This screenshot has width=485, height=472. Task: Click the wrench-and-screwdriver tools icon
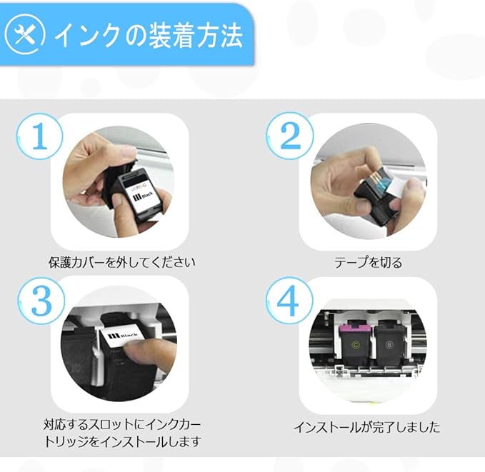point(25,34)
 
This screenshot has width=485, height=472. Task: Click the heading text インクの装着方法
point(149,36)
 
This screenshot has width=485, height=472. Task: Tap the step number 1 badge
point(39,136)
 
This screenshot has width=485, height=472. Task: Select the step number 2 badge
point(290,136)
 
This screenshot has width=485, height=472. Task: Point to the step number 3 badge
point(41,301)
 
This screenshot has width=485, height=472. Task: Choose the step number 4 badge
point(289,301)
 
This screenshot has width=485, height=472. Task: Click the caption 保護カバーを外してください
point(122,262)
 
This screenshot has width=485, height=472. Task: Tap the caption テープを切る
point(368,262)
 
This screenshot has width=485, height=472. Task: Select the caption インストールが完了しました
point(367,427)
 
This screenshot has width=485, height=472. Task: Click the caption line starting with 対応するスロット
point(122,424)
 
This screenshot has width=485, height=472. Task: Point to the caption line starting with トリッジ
point(123,441)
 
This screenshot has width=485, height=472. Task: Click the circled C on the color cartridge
point(356,345)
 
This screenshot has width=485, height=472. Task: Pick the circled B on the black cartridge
point(389,345)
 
